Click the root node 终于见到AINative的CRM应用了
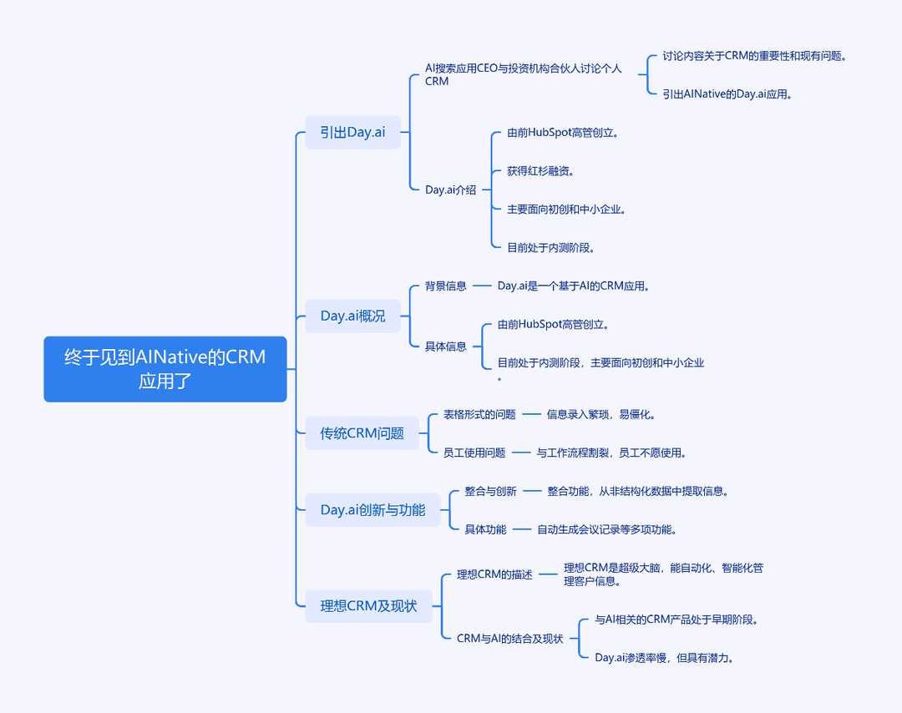click(x=165, y=369)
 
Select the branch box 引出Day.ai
click(x=352, y=132)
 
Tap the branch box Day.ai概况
click(x=352, y=316)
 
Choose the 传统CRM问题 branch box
click(x=362, y=433)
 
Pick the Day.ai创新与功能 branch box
click(x=372, y=510)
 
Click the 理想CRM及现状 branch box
click(x=369, y=606)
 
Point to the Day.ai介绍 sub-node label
click(x=450, y=190)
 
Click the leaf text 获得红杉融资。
click(x=540, y=171)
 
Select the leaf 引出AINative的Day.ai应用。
click(x=727, y=94)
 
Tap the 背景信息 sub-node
click(x=446, y=286)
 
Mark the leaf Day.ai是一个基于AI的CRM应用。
click(x=574, y=286)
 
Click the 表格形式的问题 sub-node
click(x=479, y=415)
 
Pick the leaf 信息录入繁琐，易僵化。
click(x=601, y=415)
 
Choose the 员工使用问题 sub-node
click(x=474, y=453)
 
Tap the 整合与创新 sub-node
click(x=491, y=491)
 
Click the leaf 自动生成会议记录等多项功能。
click(x=607, y=529)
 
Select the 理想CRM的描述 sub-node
click(x=494, y=574)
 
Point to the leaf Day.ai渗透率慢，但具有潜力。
click(x=665, y=658)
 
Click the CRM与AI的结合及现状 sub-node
click(x=509, y=639)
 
